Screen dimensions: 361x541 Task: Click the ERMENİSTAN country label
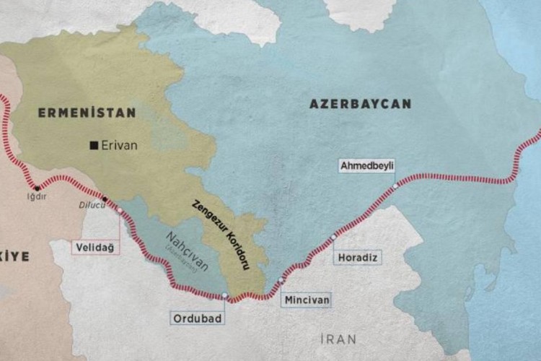click(87, 113)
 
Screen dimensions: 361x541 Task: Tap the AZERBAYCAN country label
click(360, 104)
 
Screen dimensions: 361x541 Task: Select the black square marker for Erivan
click(93, 145)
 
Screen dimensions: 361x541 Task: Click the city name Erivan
click(120, 145)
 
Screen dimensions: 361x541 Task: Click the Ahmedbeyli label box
click(367, 165)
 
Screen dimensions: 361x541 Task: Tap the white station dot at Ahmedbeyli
click(395, 186)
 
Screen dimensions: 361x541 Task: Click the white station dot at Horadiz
click(333, 237)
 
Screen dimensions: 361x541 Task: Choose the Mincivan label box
click(306, 297)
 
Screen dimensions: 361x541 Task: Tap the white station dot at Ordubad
click(225, 295)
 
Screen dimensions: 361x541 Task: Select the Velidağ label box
click(94, 247)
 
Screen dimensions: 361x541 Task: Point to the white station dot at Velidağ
click(120, 212)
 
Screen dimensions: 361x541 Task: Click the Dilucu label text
click(91, 204)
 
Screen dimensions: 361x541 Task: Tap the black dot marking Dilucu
click(105, 199)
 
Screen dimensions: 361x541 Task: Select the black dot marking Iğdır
click(37, 188)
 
